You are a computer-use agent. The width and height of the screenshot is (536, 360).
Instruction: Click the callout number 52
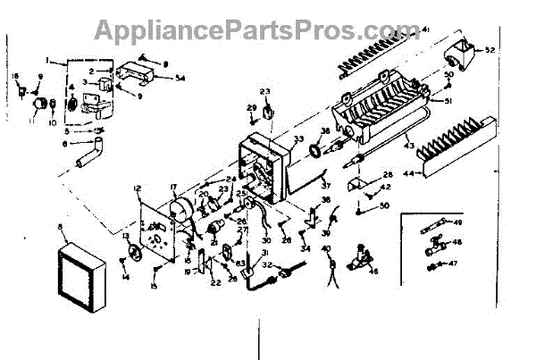point(490,51)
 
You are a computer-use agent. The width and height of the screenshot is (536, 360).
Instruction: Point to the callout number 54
point(180,78)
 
